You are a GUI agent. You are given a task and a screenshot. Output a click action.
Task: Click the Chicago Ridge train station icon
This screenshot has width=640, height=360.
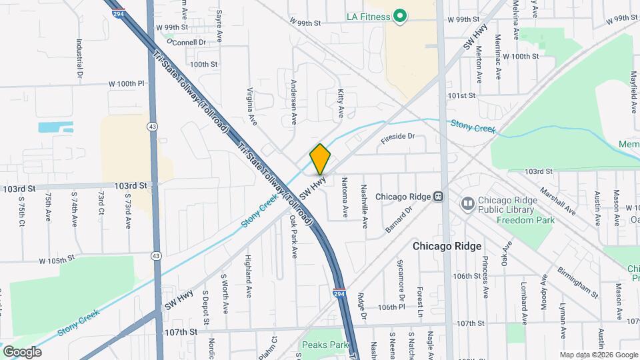point(439,197)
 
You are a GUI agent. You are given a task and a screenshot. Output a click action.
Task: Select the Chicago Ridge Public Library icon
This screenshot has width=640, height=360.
point(467,202)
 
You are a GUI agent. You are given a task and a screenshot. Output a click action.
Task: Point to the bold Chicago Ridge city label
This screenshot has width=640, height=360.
point(447,246)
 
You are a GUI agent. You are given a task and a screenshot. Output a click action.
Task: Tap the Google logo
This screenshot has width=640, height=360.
point(22,351)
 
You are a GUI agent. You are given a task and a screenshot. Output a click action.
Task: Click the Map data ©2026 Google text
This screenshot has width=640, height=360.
point(599,355)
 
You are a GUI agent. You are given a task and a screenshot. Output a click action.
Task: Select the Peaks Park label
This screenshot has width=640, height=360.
point(325,345)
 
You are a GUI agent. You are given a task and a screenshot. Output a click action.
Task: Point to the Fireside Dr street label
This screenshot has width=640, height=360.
point(398,137)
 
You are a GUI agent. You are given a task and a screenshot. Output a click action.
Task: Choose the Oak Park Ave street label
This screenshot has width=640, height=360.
point(293,235)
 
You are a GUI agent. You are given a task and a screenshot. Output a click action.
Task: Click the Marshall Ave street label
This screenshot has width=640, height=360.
point(559,199)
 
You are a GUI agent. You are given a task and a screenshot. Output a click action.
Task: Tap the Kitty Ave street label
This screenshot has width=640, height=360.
point(341,100)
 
